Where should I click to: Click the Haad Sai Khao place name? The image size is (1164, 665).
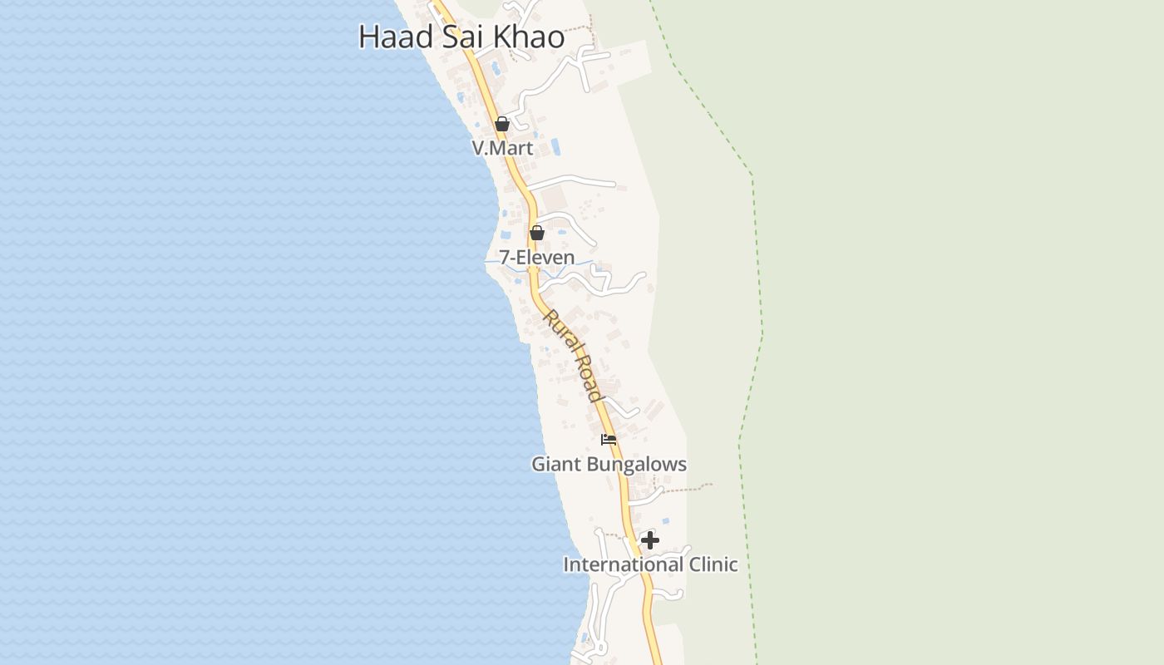pos(461,37)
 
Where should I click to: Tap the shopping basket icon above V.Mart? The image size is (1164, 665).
pos(502,125)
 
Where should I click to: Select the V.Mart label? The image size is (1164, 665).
pos(502,148)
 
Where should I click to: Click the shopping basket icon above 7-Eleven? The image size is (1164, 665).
pos(537,233)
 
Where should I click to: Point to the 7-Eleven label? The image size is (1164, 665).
pos(537,258)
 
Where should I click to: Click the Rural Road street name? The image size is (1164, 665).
pos(573,355)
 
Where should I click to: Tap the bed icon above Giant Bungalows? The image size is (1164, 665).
pos(609,440)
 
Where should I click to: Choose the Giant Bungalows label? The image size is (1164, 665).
pos(609,464)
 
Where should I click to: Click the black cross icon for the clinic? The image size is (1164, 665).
pos(650,541)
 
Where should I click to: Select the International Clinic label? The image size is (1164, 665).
pos(650,564)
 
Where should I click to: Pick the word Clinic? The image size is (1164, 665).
pos(708,564)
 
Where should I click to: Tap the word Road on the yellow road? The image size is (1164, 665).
pos(588,379)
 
